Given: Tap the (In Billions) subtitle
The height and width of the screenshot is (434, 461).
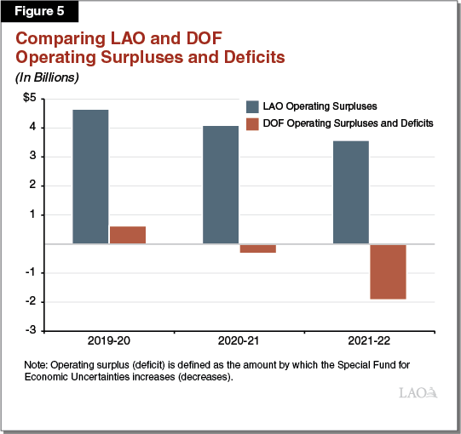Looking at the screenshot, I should (x=44, y=77).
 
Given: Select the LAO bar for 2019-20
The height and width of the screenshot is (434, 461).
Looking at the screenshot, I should (x=90, y=177).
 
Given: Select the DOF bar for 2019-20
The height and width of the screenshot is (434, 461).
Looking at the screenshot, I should (x=128, y=235).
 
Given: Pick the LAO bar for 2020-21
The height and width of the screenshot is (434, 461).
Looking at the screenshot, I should (x=221, y=185).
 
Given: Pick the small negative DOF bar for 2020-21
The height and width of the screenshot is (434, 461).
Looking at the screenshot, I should (x=257, y=248).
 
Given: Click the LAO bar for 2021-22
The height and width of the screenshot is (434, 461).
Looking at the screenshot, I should (x=351, y=192).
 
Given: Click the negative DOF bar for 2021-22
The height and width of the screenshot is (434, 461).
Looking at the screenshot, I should (x=388, y=271).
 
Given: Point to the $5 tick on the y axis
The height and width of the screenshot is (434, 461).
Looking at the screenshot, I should (x=29, y=99).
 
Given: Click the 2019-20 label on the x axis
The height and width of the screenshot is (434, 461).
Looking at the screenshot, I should (x=109, y=341).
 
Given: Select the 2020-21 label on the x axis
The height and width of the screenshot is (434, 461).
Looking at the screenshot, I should (x=239, y=341).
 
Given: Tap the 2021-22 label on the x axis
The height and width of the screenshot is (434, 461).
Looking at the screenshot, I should (x=370, y=341).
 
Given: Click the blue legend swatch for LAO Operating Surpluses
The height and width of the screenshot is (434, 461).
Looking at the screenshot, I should (x=252, y=106).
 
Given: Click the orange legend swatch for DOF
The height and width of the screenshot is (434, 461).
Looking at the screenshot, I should (x=252, y=123).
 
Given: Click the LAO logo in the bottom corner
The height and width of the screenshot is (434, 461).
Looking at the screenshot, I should (x=418, y=393).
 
